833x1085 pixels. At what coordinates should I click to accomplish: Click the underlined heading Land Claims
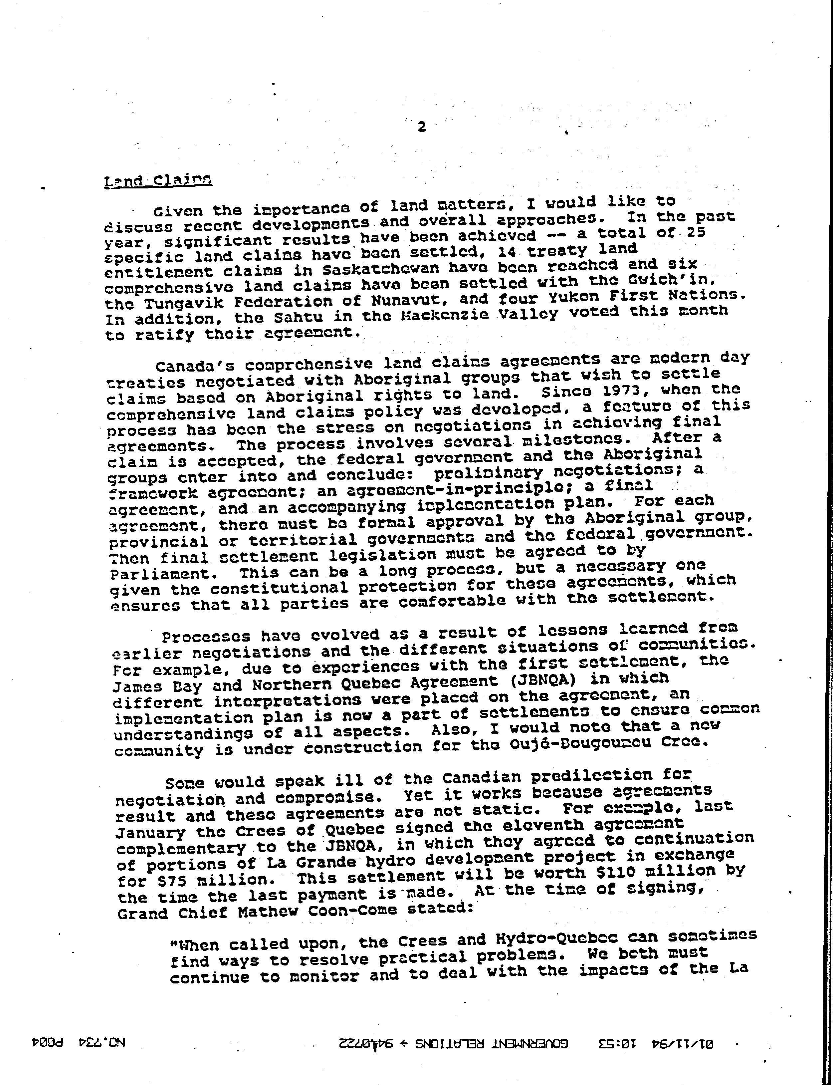(x=158, y=181)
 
